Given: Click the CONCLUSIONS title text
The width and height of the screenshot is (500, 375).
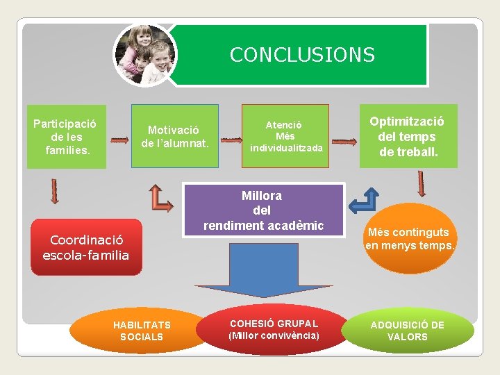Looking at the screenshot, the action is (x=302, y=55).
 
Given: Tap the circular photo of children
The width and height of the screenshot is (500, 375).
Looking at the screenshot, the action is (x=145, y=56).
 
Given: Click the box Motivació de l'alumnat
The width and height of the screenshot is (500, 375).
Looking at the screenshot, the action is (x=174, y=136).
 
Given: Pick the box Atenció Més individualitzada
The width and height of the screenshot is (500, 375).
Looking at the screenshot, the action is (x=285, y=136).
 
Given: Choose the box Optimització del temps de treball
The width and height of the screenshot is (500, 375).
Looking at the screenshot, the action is (x=408, y=136).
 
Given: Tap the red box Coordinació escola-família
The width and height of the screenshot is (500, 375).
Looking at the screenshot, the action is (x=86, y=248).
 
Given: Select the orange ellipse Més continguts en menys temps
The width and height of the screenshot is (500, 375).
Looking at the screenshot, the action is (x=410, y=238).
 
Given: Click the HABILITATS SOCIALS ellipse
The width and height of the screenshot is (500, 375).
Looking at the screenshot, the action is (x=142, y=331).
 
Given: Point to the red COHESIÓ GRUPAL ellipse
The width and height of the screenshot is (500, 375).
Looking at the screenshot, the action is (x=274, y=330).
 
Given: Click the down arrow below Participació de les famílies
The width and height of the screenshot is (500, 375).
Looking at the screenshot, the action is (x=56, y=190).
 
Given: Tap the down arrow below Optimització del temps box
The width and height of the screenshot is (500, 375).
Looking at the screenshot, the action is (x=422, y=184).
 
